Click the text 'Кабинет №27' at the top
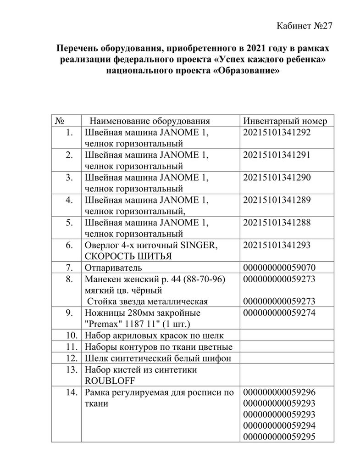tap(304, 25)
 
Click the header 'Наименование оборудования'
tap(150, 121)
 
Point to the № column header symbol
tap(59, 121)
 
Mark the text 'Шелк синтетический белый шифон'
tap(158, 358)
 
